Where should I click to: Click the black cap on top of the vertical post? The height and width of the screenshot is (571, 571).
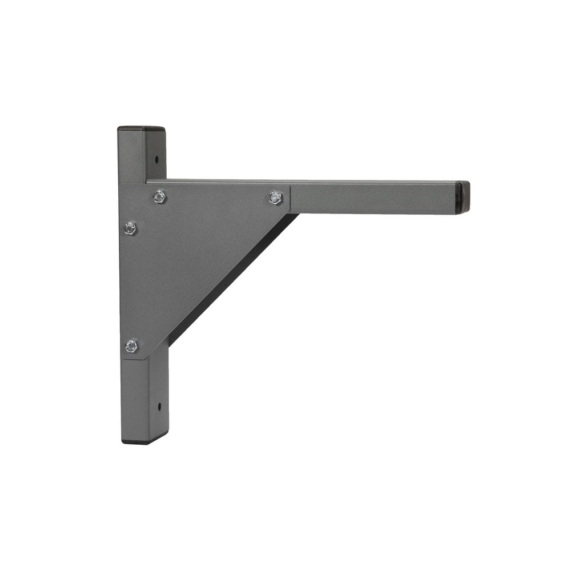point(141,129)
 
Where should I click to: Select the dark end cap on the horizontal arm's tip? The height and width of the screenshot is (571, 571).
point(463,197)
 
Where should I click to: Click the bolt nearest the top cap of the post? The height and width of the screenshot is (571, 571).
point(160,197)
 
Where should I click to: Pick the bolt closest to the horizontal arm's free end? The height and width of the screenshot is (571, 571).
point(276,198)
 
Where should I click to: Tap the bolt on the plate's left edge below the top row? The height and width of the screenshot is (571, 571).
point(130,228)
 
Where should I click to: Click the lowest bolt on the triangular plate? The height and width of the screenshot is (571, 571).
point(131,345)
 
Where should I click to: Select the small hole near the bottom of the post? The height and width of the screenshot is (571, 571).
point(159,407)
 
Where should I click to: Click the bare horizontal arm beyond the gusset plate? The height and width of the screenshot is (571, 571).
point(371,198)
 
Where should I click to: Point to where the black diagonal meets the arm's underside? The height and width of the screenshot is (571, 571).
point(296,215)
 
